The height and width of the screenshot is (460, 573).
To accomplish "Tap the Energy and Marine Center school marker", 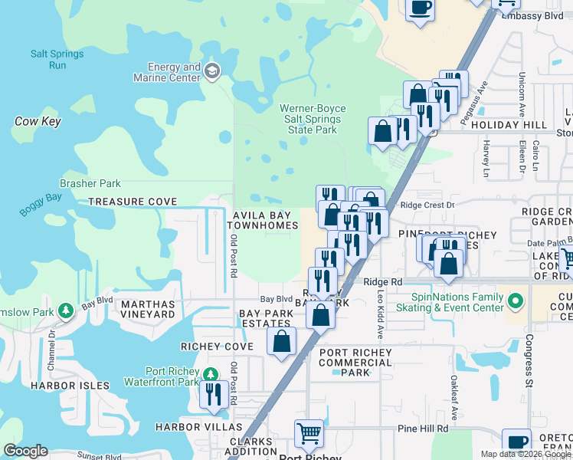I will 212,72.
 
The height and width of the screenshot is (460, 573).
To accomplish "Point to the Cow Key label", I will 38,121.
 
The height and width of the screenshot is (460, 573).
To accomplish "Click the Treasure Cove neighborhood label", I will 133,202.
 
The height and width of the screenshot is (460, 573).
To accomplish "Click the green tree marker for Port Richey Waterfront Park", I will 212,373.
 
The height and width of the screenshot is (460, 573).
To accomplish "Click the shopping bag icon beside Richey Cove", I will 282,340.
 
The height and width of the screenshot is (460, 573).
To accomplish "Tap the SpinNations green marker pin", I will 516,299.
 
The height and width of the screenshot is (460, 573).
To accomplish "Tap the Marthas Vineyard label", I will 148,309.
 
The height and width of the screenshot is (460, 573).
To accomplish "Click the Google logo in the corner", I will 25,451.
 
